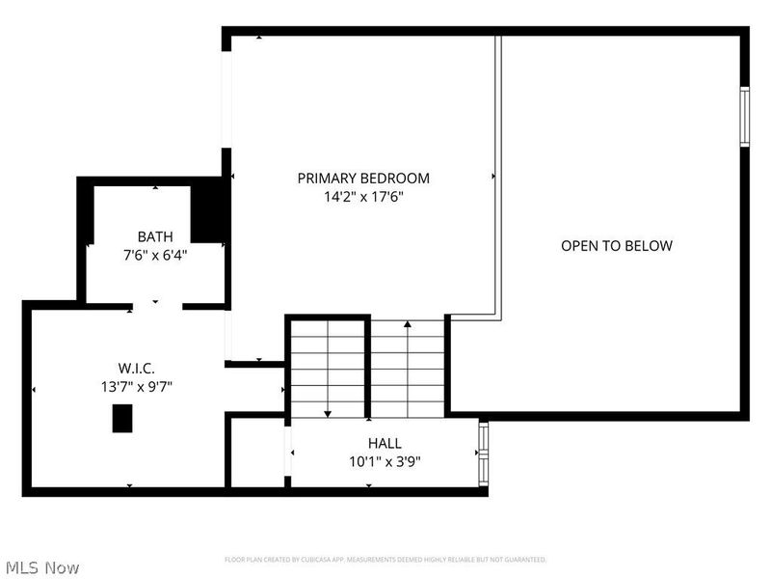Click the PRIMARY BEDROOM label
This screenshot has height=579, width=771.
coord(363,179)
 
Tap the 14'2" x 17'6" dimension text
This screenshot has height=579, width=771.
coord(363,196)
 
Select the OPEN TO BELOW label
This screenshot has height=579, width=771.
coord(617,246)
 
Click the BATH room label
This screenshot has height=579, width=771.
coord(155,236)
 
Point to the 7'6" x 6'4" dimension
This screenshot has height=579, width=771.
coord(155,256)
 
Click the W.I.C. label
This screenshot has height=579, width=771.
coord(137,368)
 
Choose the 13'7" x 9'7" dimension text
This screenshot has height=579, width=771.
coord(137,386)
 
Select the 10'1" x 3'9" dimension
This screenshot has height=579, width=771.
coord(384,461)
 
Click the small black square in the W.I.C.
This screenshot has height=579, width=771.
coord(122,419)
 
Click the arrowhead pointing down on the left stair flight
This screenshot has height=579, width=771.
coord(328,413)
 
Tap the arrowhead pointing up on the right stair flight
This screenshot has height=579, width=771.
coord(409,325)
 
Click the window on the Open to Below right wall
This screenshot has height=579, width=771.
coord(744,117)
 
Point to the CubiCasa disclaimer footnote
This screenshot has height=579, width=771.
coord(385,560)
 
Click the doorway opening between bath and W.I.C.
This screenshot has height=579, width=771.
coord(157,306)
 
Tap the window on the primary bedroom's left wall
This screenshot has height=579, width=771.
coord(226,96)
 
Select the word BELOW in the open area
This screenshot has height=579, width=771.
coord(649,246)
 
